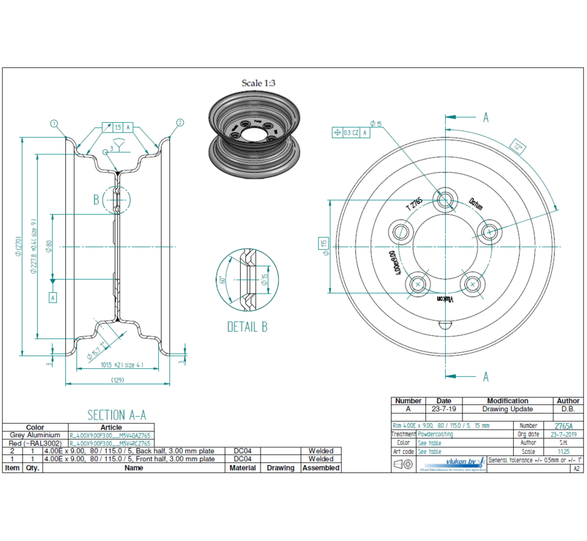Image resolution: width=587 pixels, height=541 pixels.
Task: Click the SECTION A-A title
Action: click(x=117, y=414)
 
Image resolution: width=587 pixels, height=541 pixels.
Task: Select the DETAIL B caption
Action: click(x=247, y=327)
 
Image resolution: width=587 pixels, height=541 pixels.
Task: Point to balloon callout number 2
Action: click(x=179, y=123)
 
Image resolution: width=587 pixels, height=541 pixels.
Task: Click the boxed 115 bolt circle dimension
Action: click(x=324, y=244)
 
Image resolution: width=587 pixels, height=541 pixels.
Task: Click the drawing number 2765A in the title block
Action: click(x=564, y=426)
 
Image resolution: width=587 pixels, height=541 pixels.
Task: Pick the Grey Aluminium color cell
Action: click(x=35, y=435)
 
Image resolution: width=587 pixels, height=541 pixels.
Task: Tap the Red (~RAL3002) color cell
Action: click(x=35, y=443)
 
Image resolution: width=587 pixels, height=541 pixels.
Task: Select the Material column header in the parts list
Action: click(x=243, y=467)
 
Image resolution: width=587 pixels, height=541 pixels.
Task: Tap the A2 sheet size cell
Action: click(x=576, y=468)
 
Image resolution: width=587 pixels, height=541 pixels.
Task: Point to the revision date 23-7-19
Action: click(x=444, y=409)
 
